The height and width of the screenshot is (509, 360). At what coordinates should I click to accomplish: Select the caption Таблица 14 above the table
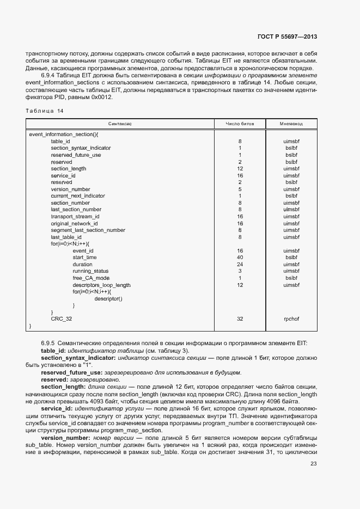point(45,111)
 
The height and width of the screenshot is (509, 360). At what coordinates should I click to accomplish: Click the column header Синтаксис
point(120,124)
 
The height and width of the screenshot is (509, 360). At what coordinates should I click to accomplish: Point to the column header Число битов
point(240,124)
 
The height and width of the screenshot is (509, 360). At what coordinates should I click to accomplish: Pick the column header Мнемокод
point(291,124)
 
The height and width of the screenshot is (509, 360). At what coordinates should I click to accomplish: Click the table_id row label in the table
point(60,141)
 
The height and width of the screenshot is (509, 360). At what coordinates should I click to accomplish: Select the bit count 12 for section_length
point(240,169)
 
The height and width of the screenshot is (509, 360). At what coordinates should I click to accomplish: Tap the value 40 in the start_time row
point(240,257)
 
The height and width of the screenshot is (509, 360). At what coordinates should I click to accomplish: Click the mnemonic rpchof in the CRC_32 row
point(291,319)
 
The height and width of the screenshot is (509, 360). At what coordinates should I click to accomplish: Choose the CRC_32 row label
point(61,319)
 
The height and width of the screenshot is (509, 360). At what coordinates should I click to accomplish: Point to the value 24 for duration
point(240,265)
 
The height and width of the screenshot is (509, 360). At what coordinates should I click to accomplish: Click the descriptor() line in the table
point(108,298)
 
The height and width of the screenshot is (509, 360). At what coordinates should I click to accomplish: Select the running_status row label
point(90,271)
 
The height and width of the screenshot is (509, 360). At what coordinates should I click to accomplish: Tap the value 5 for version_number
point(240,189)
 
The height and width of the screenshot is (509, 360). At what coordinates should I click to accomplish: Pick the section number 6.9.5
point(48,342)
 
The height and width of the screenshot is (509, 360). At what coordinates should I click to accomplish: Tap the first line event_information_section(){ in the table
point(63,134)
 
